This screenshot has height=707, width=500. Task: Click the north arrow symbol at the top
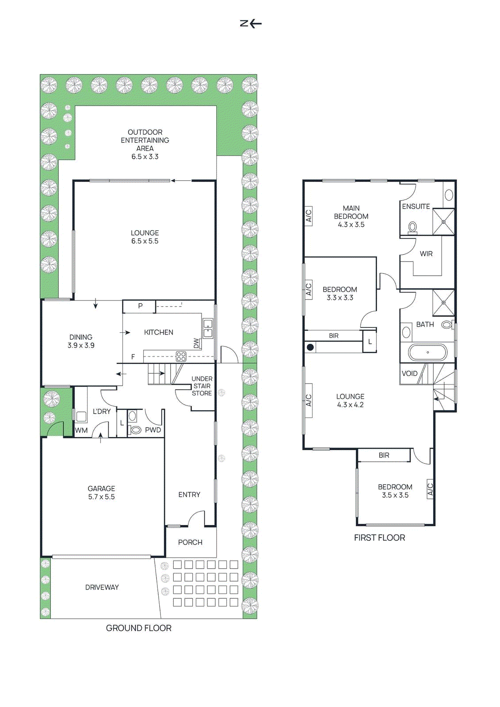251,23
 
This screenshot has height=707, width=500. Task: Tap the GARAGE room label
101,489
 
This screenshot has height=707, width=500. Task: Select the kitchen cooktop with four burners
181,357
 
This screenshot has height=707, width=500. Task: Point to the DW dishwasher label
196,343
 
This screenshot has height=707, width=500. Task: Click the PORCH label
190,542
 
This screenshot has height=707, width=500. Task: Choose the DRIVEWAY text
102,587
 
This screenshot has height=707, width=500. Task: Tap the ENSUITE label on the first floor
416,206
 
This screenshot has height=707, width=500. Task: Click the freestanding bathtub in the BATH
427,352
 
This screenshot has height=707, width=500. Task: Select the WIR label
426,254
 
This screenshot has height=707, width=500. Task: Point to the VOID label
410,373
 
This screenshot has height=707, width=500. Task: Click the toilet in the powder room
135,430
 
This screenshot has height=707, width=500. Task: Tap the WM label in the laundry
81,430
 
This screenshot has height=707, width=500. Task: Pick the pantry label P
140,305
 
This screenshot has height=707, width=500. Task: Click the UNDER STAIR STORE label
202,386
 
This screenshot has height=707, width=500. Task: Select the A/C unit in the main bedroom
309,216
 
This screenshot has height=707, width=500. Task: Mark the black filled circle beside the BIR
310,347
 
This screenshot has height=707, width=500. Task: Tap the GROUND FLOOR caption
139,628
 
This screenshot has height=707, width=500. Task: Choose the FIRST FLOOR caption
379,538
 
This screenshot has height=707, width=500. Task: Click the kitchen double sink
208,329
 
